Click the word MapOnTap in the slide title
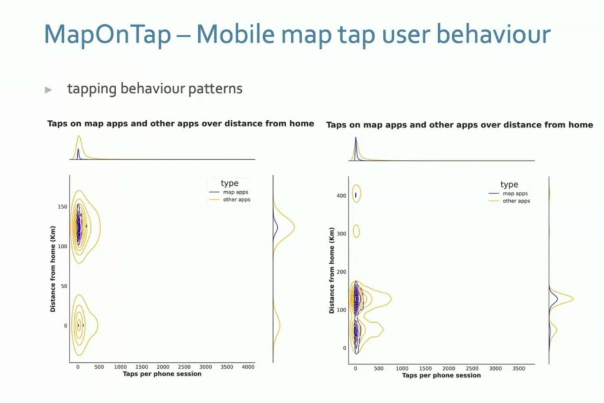pos(107,34)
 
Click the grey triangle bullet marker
pos(48,90)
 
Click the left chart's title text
pos(180,124)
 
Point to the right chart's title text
pos(459,125)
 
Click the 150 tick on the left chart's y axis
pos(63,207)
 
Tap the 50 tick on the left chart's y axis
pos(64,286)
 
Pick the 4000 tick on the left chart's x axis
pos(248,367)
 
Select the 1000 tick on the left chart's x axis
pos(120,367)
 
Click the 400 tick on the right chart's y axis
pos(342,196)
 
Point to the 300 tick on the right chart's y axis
pos(342,234)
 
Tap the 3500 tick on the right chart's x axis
pos(518,368)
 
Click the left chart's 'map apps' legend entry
pos(229,192)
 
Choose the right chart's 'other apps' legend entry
pos(509,201)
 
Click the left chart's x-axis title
pos(162,373)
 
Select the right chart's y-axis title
pos(331,270)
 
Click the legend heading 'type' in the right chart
pos(509,185)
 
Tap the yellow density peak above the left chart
pos(80,136)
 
